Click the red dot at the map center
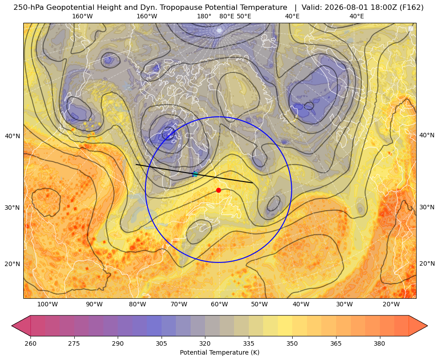pyautogui.click(x=219, y=190)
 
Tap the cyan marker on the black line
pyautogui.click(x=195, y=174)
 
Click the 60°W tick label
pyautogui.click(x=219, y=305)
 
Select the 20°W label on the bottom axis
pyautogui.click(x=391, y=305)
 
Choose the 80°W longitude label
pyautogui.click(x=137, y=305)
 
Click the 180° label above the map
pyautogui.click(x=204, y=16)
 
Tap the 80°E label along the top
pyautogui.click(x=226, y=16)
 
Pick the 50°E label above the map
pyautogui.click(x=244, y=16)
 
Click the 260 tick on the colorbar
pyautogui.click(x=30, y=343)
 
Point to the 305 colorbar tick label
pyautogui.click(x=161, y=343)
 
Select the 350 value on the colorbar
pyautogui.click(x=292, y=343)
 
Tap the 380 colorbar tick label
pyautogui.click(x=379, y=343)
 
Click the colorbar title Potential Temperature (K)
pyautogui.click(x=219, y=352)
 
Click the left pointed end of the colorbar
pyautogui.click(x=12, y=326)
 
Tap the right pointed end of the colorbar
pyautogui.click(x=427, y=326)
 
